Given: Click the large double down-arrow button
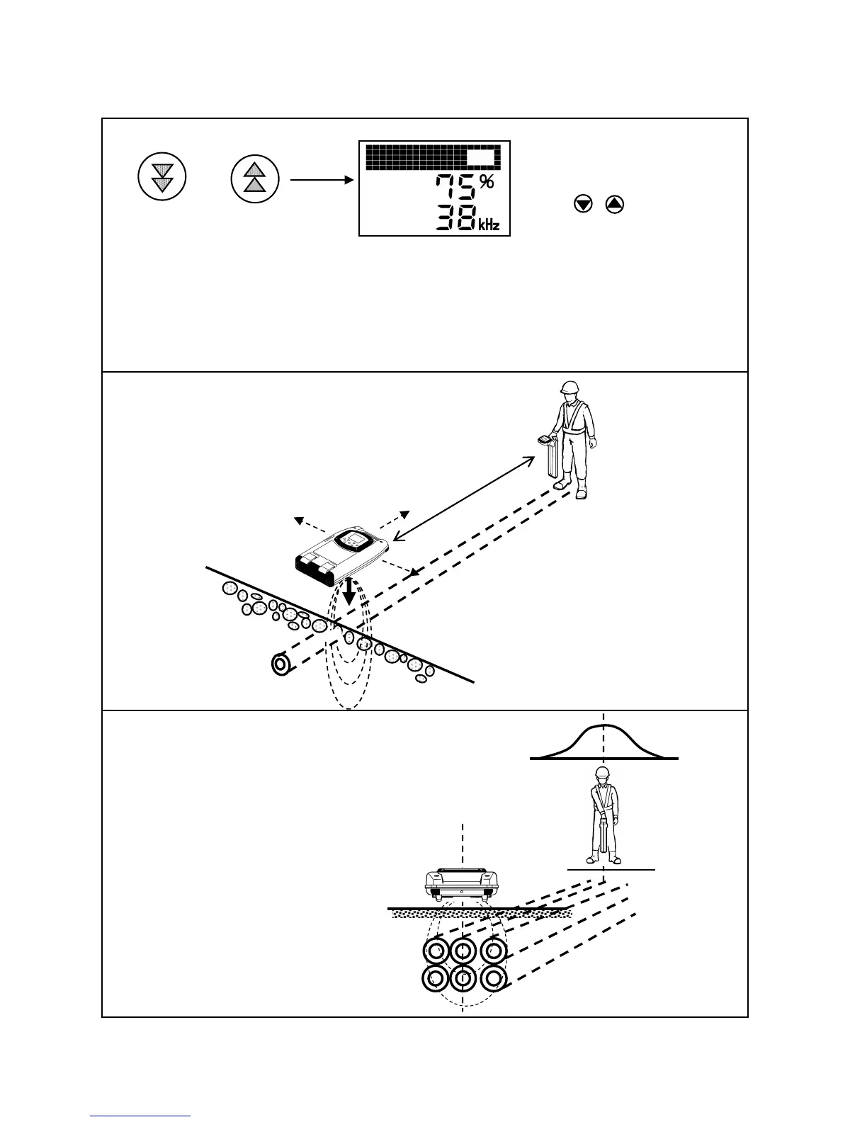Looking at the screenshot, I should (161, 180).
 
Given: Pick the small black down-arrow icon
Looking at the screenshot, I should (583, 205).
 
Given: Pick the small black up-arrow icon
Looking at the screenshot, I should (615, 205).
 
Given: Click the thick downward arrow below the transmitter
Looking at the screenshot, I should (348, 592).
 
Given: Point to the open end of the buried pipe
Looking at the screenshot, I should (282, 665).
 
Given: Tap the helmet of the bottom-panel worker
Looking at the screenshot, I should (603, 773).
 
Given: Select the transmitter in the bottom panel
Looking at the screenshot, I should (462, 882).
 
